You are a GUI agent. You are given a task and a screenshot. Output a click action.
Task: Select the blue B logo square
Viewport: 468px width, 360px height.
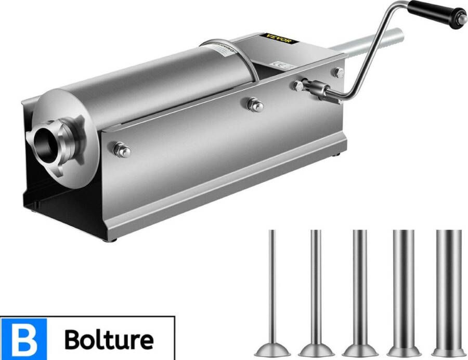coord(23,339)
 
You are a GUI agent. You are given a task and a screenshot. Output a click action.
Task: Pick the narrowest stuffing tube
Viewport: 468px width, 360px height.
coord(271,291)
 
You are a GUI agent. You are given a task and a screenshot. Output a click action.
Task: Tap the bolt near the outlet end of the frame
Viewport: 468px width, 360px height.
coord(122,150)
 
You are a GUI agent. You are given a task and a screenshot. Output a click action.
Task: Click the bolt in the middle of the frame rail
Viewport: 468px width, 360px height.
coord(255,104)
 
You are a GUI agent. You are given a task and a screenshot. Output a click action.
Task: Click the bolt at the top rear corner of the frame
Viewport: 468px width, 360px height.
coord(339,72)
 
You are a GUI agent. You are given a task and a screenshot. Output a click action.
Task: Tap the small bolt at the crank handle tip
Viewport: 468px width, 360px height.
coord(463,19)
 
